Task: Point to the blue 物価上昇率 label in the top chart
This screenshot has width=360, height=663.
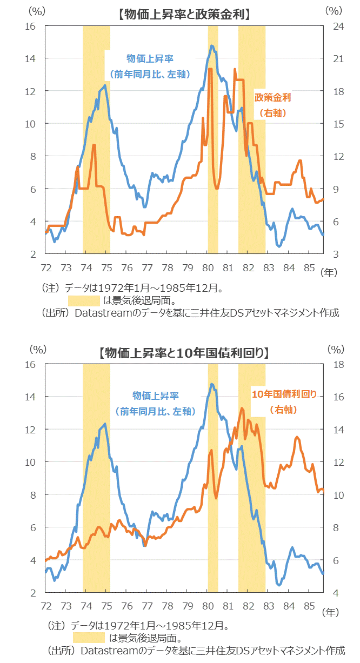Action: tap(150, 58)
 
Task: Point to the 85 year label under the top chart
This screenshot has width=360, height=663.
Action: tap(309, 267)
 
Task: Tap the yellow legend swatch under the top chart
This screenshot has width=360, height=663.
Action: tap(84, 300)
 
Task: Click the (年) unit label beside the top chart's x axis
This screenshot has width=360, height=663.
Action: tap(329, 273)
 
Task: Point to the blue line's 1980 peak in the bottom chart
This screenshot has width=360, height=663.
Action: tap(211, 384)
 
